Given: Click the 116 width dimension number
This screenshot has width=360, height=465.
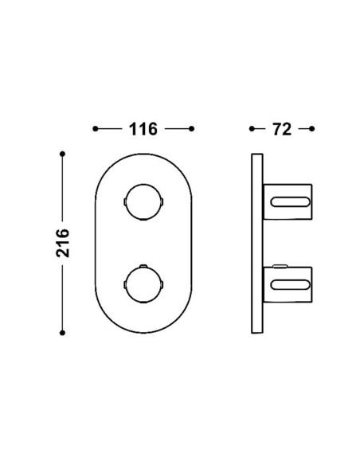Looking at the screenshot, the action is pyautogui.click(x=143, y=129).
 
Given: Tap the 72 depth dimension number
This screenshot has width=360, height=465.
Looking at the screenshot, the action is pyautogui.click(x=282, y=129).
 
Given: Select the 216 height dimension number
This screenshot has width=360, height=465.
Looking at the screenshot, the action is pyautogui.click(x=63, y=243).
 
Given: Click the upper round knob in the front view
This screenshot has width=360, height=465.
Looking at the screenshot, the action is pyautogui.click(x=143, y=202).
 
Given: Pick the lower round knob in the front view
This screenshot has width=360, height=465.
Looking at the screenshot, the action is pyautogui.click(x=143, y=284).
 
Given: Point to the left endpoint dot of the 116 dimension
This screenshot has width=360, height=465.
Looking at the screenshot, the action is pyautogui.click(x=96, y=129).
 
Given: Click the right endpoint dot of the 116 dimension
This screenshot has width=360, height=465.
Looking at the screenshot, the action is pyautogui.click(x=192, y=129).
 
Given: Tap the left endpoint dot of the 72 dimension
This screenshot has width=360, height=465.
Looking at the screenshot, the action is pyautogui.click(x=252, y=129).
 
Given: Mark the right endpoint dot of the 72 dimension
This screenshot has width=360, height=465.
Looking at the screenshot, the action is pyautogui.click(x=311, y=129).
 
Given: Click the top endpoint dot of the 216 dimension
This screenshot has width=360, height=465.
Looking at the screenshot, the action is pyautogui.click(x=62, y=154).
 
